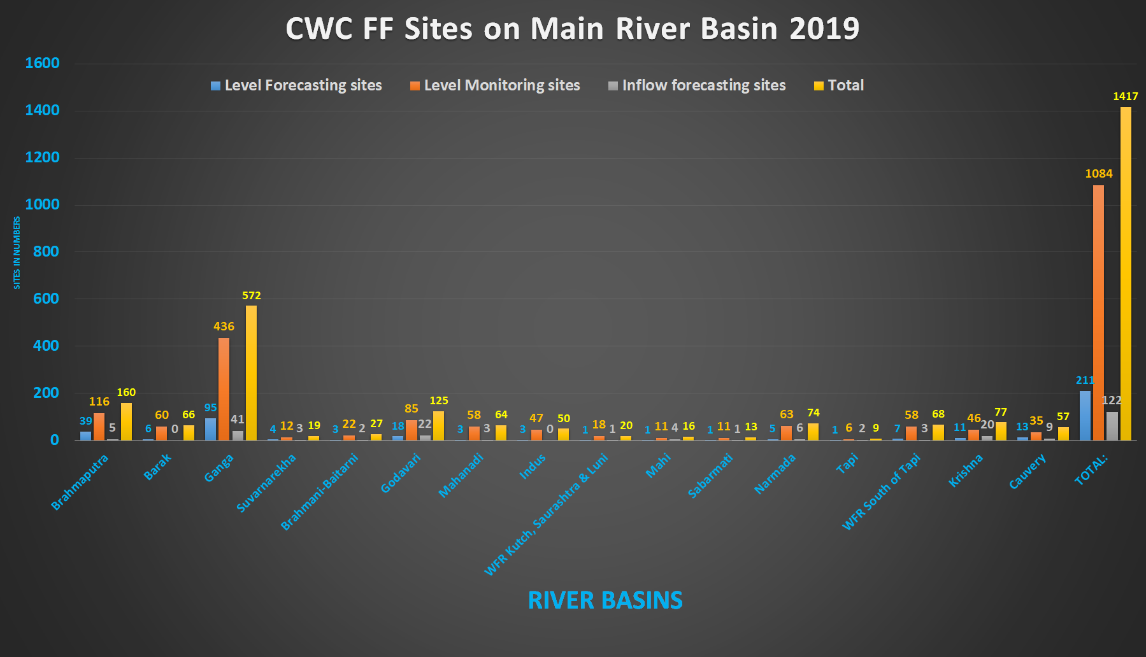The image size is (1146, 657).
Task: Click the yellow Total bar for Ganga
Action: [251, 372]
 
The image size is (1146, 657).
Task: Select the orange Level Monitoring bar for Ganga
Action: [224, 389]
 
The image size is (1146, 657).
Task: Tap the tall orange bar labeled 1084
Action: [1098, 313]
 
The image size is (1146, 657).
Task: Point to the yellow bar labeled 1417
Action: [1126, 273]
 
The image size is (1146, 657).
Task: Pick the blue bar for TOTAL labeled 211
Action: [1085, 415]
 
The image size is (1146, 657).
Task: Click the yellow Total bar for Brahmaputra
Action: [126, 421]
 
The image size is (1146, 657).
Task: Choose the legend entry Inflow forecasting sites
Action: [697, 85]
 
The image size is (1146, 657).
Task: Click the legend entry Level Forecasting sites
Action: [296, 85]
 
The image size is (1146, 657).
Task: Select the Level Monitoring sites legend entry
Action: [495, 85]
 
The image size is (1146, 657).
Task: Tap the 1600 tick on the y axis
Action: [42, 63]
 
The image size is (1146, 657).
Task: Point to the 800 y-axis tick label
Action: [46, 251]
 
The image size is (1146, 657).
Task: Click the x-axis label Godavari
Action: [401, 473]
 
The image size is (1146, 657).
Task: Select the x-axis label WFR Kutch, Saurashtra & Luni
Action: [547, 514]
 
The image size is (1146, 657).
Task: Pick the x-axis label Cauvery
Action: [1027, 471]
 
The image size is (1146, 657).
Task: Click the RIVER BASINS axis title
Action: [605, 600]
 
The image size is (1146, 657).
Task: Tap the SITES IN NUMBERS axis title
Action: [17, 253]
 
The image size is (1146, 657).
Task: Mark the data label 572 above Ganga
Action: [252, 295]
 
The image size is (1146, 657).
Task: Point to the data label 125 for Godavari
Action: [439, 400]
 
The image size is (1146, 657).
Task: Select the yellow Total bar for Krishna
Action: [1001, 431]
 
